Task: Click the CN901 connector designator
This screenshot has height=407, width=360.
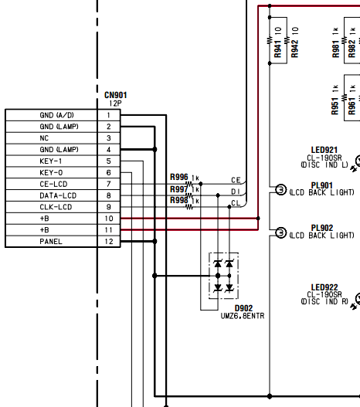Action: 116,95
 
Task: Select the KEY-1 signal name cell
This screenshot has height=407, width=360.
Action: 51,161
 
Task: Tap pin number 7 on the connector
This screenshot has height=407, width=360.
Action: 108,184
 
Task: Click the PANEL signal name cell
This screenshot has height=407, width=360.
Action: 51,242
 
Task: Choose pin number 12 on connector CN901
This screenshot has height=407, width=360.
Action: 109,242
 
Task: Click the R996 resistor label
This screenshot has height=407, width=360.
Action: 178,178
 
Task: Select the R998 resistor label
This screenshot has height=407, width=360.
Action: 178,200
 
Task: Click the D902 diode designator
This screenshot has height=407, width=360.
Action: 243,308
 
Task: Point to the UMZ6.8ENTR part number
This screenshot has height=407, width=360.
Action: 243,316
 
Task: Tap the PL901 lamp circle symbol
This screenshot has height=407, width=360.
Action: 280,189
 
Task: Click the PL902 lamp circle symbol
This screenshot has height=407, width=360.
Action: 280,232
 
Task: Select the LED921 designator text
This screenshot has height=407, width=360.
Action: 324,150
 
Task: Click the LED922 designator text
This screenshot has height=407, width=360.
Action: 324,287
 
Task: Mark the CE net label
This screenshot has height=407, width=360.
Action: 236,180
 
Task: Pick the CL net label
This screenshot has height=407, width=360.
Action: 236,203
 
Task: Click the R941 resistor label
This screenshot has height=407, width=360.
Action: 277,49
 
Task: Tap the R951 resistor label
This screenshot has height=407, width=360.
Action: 335,106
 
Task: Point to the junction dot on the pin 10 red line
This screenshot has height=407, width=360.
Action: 258,219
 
